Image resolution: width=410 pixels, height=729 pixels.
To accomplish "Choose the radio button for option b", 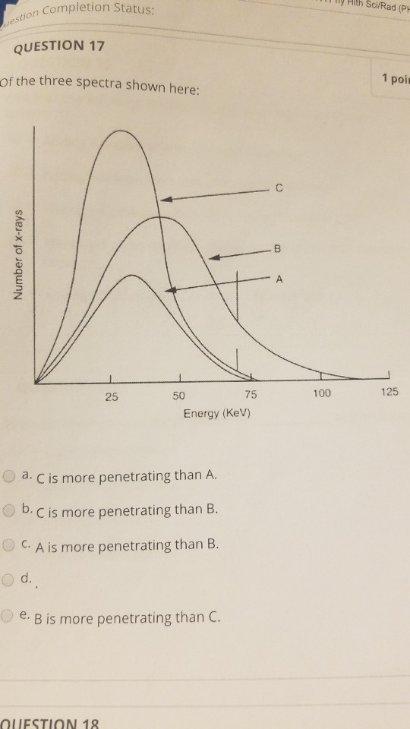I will click(x=9, y=510).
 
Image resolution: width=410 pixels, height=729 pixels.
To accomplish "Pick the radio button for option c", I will click(x=9, y=544).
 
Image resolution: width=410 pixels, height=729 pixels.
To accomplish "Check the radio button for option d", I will click(x=9, y=579).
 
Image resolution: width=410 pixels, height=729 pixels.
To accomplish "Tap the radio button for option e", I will click(x=9, y=616).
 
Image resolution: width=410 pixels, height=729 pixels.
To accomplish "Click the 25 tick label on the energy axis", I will click(x=112, y=397).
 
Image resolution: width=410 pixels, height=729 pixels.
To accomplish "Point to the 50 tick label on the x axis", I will click(x=178, y=396).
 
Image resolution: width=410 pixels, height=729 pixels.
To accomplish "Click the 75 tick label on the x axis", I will click(x=251, y=394).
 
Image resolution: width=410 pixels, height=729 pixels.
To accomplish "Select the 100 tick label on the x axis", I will click(x=322, y=393).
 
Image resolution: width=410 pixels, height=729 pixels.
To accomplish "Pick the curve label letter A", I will click(x=280, y=279).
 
